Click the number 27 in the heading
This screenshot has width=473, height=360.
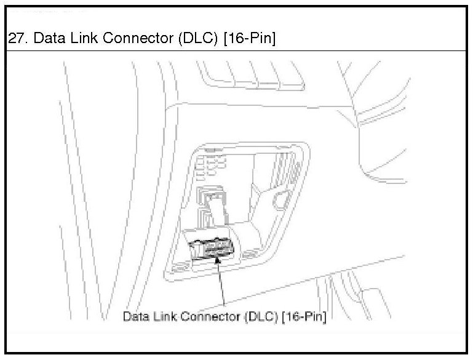coord(15,39)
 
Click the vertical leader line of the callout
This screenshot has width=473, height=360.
coord(221,286)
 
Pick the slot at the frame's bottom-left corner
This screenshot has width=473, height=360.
coord(179,268)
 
